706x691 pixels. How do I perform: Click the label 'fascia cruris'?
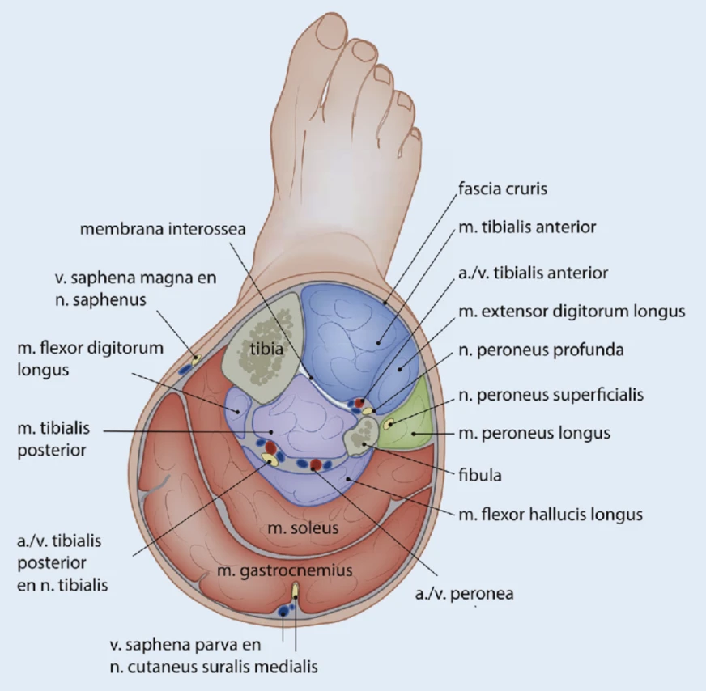click(503, 189)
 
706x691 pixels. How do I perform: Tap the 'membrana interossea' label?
click(163, 229)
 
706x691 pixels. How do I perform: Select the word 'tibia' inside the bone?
click(266, 349)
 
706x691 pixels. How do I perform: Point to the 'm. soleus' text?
click(303, 528)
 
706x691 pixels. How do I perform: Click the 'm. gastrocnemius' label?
click(284, 570)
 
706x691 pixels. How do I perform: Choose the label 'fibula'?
click(480, 475)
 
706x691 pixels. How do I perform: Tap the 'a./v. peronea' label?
click(464, 594)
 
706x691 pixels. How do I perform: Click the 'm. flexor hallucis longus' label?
click(551, 514)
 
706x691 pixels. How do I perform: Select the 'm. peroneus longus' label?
click(534, 433)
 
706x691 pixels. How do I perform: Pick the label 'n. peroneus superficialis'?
click(551, 395)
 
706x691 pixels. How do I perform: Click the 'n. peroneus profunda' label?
click(541, 350)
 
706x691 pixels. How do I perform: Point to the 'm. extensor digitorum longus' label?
click(572, 312)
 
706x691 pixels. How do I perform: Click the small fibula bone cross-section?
click(362, 436)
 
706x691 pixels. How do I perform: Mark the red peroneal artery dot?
click(315, 464)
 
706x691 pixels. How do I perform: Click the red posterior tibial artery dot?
click(270, 447)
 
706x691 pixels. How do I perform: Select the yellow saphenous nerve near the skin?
click(196, 359)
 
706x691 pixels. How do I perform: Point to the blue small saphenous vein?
click(283, 610)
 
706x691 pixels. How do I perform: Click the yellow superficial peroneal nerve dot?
click(388, 423)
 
